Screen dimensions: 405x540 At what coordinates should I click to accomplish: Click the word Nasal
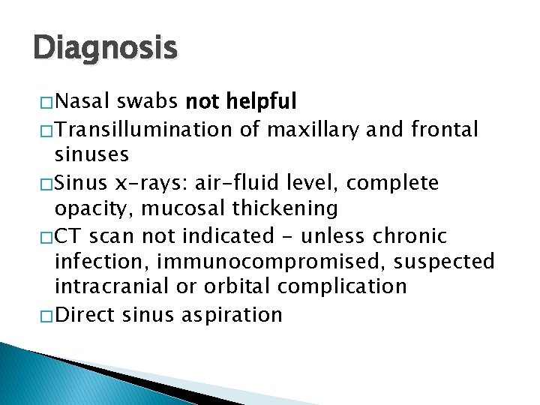(x=83, y=100)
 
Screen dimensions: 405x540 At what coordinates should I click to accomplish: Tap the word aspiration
(x=232, y=314)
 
